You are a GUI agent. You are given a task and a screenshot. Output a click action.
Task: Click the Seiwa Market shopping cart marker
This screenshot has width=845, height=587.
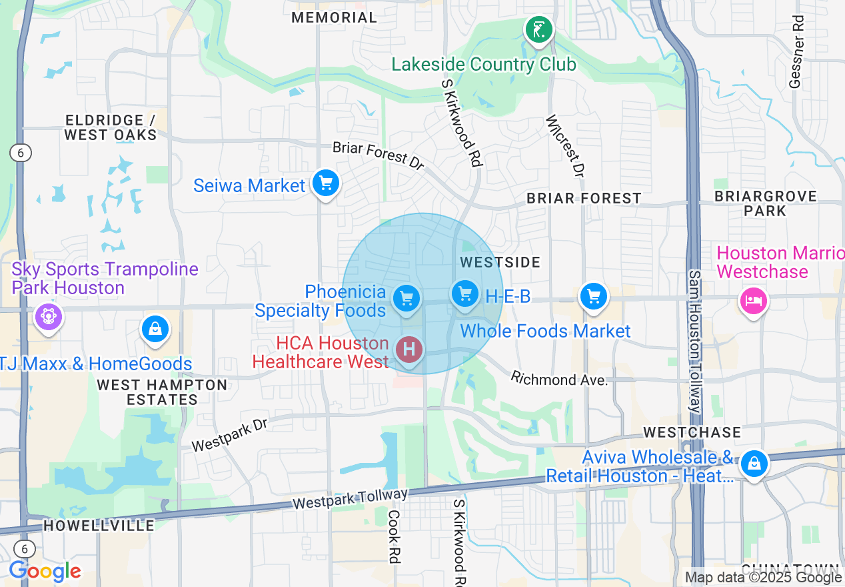[325, 183]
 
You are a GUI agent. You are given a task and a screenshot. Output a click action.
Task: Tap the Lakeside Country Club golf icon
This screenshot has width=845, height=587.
[538, 29]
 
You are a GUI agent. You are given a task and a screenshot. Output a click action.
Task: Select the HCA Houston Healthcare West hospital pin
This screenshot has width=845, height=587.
[409, 349]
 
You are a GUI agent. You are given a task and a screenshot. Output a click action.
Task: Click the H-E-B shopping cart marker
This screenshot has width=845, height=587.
[465, 293]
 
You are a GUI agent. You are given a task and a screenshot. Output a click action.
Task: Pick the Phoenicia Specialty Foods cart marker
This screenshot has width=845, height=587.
[406, 298]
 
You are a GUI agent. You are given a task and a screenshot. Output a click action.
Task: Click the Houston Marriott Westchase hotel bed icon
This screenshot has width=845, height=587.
[753, 301]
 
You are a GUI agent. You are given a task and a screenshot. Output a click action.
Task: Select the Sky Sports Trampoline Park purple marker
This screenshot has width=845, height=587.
[48, 316]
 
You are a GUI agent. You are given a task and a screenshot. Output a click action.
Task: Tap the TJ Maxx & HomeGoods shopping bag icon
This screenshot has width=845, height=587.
[155, 329]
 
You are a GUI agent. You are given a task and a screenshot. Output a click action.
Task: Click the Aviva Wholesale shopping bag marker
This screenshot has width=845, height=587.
[754, 462]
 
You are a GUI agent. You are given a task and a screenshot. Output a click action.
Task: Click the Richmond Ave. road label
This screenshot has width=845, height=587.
[560, 380]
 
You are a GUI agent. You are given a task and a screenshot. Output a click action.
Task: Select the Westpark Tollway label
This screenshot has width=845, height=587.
[351, 498]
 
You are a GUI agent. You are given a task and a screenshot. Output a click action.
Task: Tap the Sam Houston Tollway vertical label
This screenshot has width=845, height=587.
[694, 342]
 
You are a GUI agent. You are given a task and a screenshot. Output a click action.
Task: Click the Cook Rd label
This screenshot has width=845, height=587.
[394, 537]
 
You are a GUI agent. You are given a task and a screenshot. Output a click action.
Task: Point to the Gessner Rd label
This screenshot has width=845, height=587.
[796, 52]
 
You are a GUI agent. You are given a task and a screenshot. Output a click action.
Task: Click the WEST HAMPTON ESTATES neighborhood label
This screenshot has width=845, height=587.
[162, 392]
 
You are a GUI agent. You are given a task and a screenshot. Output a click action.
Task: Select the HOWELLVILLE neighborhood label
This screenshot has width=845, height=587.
[99, 526]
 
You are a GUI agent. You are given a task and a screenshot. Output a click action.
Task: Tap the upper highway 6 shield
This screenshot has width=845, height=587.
[21, 153]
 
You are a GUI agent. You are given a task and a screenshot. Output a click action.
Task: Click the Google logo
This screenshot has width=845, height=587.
[45, 572]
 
